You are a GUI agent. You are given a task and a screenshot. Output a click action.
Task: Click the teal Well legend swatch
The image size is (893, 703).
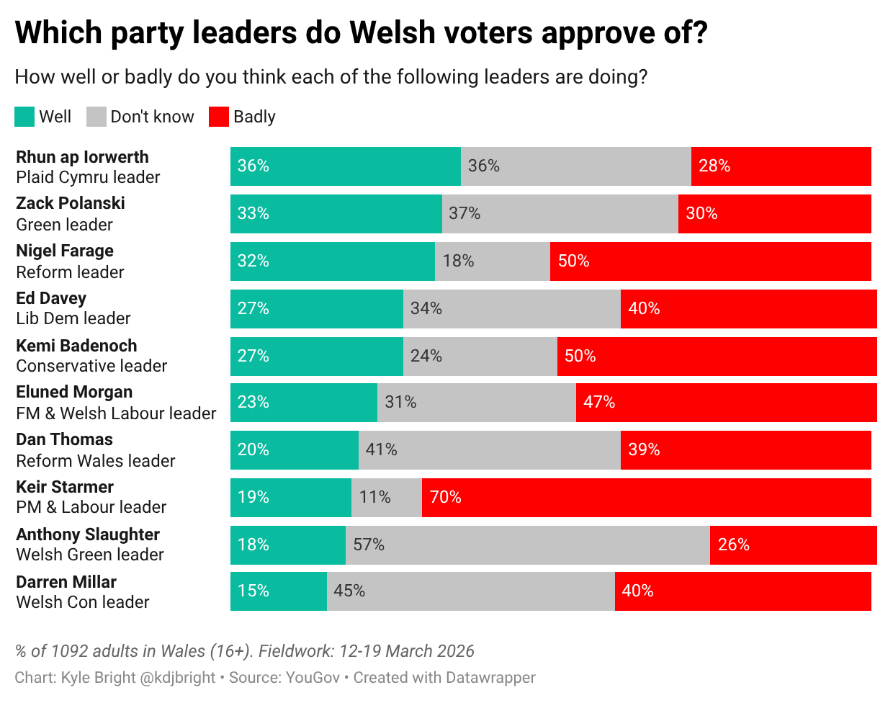(x=24, y=117)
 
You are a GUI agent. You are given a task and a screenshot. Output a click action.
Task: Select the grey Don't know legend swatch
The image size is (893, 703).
(x=97, y=117)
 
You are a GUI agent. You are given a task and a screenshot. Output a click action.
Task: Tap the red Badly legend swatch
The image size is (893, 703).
(x=219, y=117)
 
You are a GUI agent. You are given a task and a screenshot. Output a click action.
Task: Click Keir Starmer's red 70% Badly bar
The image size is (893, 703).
(x=646, y=498)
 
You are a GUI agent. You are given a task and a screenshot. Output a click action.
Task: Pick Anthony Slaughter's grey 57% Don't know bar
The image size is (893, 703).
(x=527, y=545)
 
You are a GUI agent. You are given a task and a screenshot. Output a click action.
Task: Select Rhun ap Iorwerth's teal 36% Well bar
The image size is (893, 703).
(x=345, y=166)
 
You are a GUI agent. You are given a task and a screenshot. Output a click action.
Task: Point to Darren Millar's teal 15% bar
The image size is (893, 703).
(x=278, y=591)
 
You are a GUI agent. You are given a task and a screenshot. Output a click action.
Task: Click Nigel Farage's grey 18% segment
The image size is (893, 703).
(x=492, y=261)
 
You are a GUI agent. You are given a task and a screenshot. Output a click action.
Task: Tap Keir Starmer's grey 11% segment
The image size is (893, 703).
(x=386, y=498)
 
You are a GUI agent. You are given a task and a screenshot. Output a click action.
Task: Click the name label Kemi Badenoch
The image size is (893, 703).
(x=76, y=346)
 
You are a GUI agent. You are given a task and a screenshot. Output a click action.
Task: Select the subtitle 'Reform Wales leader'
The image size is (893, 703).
(x=96, y=461)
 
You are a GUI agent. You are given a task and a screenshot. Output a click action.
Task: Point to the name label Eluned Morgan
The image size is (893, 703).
(x=74, y=393)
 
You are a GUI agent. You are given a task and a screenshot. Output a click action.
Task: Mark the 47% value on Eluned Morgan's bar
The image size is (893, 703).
(x=599, y=402)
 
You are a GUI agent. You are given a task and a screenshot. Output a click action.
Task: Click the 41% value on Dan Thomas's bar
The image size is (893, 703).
(x=381, y=449)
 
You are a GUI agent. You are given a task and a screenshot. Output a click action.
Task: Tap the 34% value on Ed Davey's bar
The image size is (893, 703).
(x=426, y=308)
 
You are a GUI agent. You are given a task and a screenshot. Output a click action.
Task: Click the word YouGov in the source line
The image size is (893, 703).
(x=313, y=678)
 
